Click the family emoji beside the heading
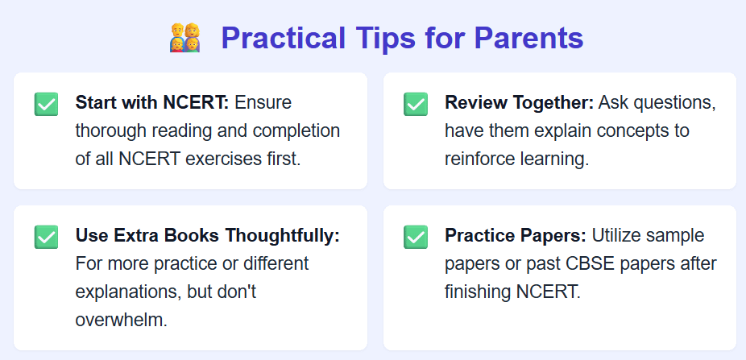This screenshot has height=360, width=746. point(185,38)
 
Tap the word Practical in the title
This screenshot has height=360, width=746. point(284,38)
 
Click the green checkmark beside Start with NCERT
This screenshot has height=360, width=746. point(46,104)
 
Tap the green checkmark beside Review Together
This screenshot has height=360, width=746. point(416,104)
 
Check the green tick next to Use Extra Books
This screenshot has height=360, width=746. point(46,237)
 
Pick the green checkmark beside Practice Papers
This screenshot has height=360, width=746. point(416,237)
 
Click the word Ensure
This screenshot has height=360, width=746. point(263,103)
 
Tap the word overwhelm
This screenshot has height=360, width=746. point(122,320)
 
